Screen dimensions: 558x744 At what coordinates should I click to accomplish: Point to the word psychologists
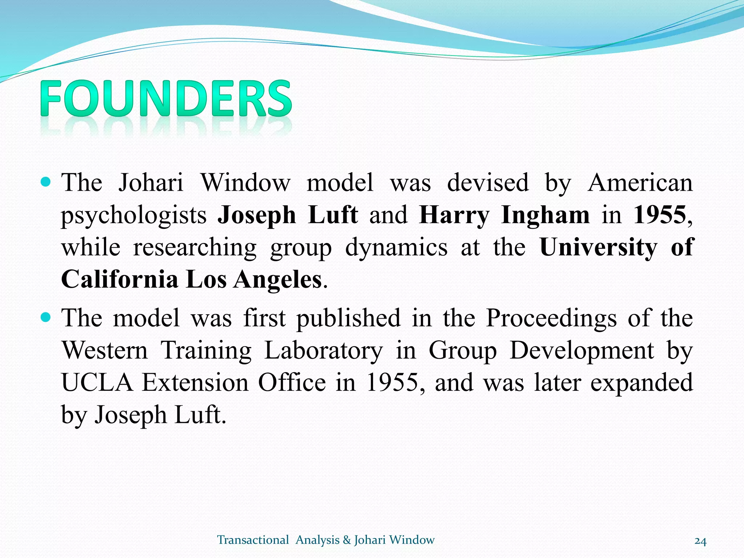pos(134,215)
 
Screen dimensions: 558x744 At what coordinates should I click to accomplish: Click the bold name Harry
pos(454,215)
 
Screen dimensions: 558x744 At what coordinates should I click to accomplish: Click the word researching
pos(195,247)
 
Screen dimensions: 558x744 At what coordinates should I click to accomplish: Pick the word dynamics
pos(396,247)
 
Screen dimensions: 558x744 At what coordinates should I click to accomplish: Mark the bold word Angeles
pos(278,280)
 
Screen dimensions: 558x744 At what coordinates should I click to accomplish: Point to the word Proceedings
pos(551,318)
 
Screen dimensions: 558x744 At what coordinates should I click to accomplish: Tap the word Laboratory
pos(323,351)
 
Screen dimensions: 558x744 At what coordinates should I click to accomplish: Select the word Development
pos(582,351)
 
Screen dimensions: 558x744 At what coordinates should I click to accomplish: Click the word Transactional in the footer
pos(253,540)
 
